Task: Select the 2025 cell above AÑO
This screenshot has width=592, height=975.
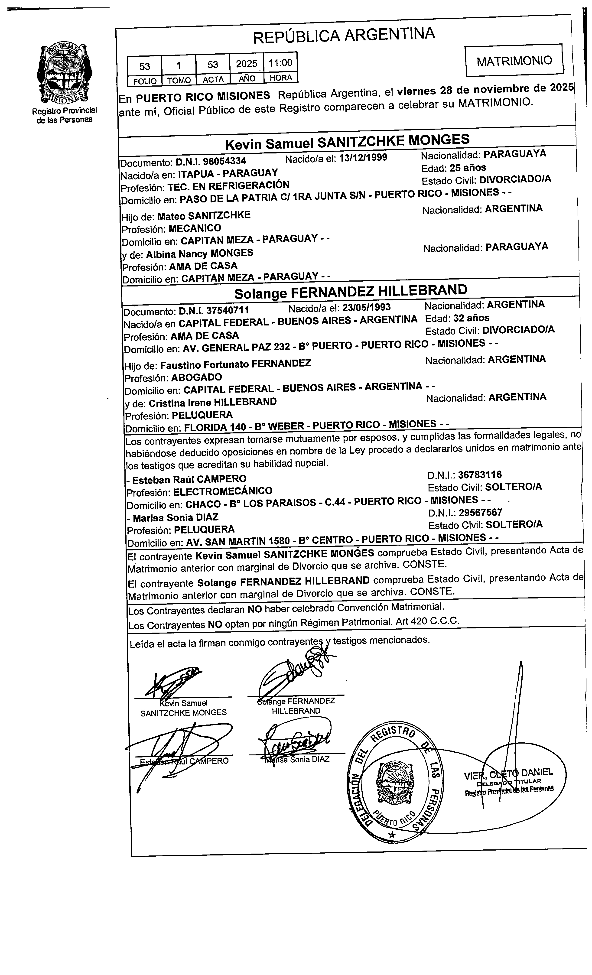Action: pyautogui.click(x=247, y=64)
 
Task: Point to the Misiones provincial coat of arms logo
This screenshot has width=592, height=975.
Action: pyautogui.click(x=65, y=74)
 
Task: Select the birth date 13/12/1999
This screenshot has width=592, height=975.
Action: pyautogui.click(x=363, y=157)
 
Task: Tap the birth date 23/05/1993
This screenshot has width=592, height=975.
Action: pyautogui.click(x=366, y=307)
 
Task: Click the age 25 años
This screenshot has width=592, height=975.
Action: pyautogui.click(x=468, y=167)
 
